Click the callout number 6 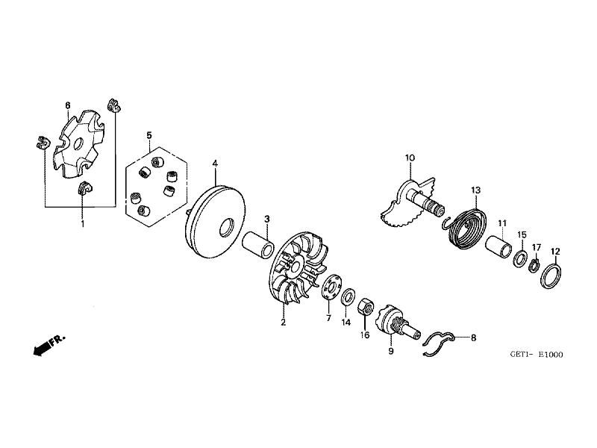[68, 105]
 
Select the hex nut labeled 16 [366, 307]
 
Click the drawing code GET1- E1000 [536, 355]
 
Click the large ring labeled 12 [551, 273]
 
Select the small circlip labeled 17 [534, 265]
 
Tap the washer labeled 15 [519, 258]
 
